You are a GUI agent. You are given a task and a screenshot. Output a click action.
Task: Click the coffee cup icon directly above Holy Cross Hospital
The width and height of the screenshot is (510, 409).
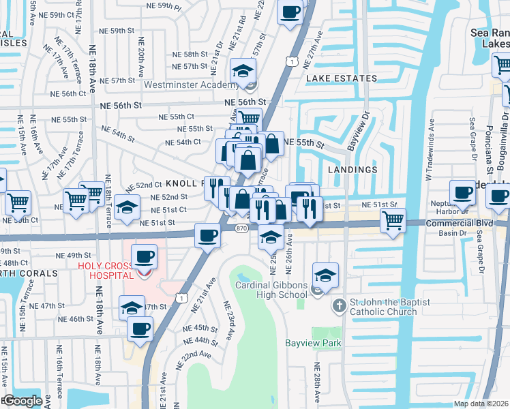[x=144, y=256]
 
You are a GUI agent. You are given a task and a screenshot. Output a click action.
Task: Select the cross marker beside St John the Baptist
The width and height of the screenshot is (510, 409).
[x=340, y=305]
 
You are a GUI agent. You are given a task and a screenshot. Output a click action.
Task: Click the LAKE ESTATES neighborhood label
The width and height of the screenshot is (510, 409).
[x=341, y=78]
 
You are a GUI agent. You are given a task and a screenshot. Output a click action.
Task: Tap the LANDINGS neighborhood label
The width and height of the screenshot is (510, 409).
[x=352, y=169]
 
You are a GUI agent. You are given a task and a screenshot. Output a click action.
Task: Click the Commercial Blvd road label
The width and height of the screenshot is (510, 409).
[x=458, y=223]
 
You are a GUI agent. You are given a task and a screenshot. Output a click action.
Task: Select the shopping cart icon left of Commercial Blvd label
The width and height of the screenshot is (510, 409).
[x=393, y=221]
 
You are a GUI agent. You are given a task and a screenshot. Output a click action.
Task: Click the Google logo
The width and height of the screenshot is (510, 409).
[x=22, y=401]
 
